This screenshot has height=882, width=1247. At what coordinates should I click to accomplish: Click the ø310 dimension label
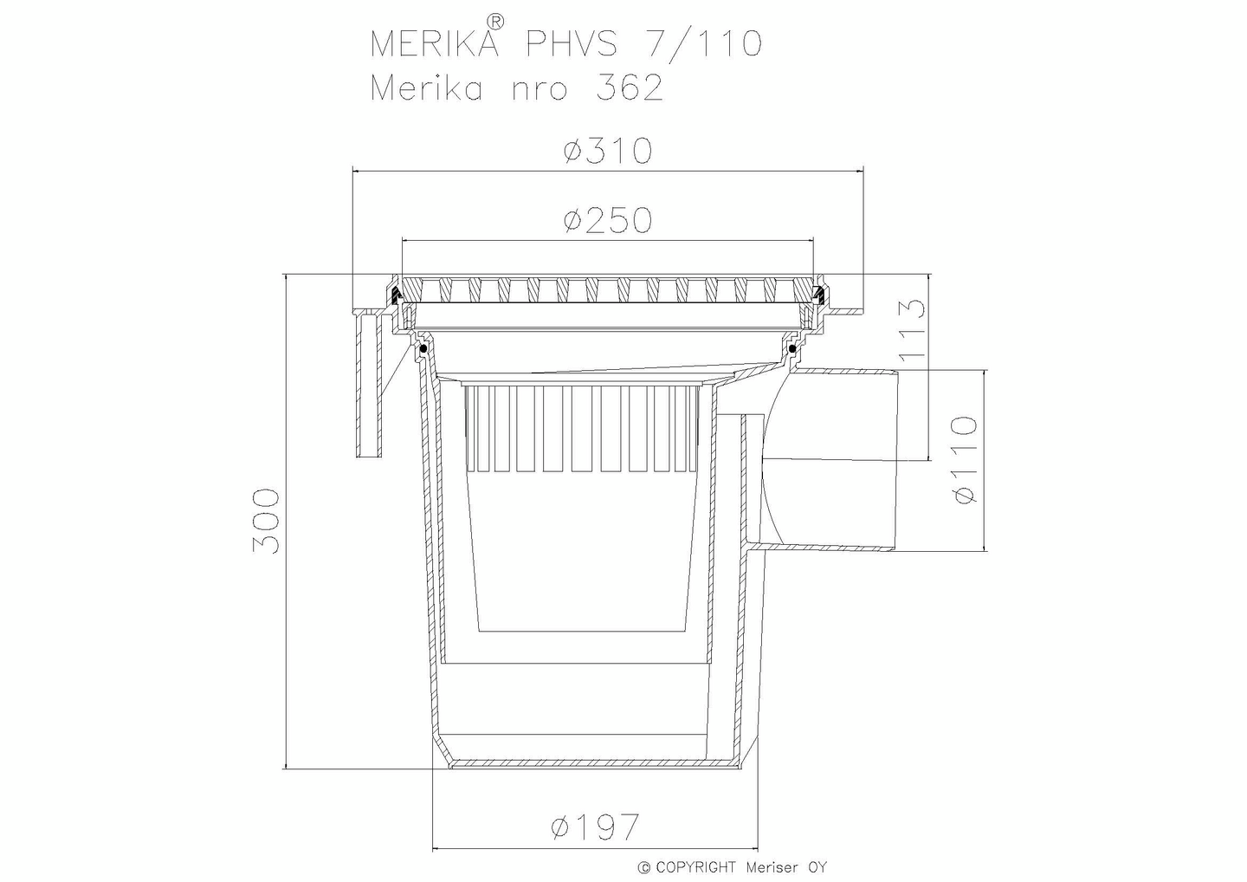pyautogui.click(x=606, y=152)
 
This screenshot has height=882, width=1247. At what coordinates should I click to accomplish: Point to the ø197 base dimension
pyautogui.click(x=595, y=827)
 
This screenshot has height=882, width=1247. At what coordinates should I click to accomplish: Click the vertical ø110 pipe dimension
pyautogui.click(x=963, y=459)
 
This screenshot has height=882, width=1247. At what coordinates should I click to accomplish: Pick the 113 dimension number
pyautogui.click(x=913, y=332)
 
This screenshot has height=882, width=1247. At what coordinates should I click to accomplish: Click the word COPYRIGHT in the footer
pyautogui.click(x=695, y=867)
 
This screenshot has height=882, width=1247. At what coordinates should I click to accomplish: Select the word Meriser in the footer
pyautogui.click(x=772, y=867)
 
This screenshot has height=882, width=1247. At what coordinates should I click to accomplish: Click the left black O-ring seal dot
pyautogui.click(x=423, y=349)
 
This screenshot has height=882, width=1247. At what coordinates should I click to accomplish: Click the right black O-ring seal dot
pyautogui.click(x=792, y=348)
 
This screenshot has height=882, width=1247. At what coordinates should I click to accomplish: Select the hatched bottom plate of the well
pyautogui.click(x=595, y=763)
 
